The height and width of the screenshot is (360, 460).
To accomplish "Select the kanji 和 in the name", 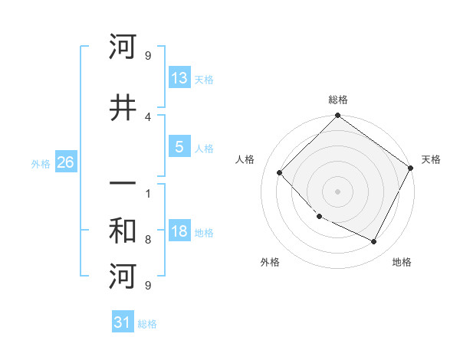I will pos(123,231).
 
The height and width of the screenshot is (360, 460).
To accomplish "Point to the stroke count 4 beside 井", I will pos(148,116).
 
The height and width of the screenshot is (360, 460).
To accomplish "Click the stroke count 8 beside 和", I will pos(148,240).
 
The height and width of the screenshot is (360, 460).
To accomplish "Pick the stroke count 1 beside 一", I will pos(148,193).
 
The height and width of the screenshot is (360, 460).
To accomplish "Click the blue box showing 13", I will pos(179,78).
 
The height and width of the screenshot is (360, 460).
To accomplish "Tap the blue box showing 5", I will pos(179,147).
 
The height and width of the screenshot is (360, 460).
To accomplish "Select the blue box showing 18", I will pos(179,231).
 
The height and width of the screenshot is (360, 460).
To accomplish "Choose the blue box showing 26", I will pos(65,162).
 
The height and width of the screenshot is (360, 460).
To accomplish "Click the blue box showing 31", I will pos(123,322).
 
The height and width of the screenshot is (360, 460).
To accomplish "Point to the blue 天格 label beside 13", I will pos(204,80).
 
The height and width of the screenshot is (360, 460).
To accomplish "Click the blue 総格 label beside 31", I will pos(147,324).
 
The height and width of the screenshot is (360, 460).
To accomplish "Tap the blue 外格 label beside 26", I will pos(41,164).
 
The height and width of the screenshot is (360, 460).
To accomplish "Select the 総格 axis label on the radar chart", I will pos(338,100).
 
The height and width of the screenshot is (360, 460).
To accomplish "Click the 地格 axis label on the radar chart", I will pos(402,262).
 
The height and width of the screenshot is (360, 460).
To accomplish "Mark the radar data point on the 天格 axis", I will pos(410,168).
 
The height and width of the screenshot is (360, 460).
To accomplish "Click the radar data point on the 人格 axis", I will pos(280,172).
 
